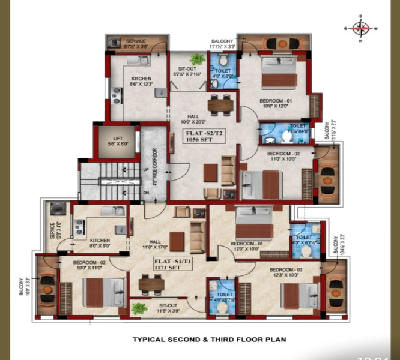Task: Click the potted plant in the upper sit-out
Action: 196,59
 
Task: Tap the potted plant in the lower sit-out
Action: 139,309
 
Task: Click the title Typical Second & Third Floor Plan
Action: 208,340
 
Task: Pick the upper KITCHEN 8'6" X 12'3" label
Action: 141,82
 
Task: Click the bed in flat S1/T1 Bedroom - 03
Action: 299,296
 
